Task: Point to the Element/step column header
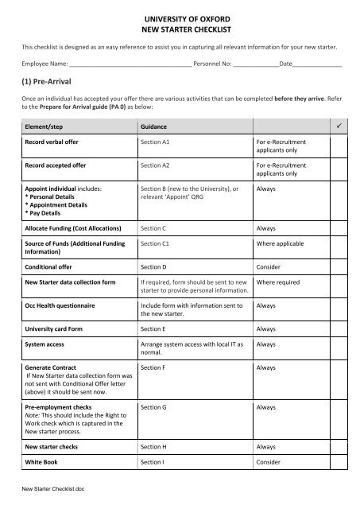pyautogui.click(x=48, y=127)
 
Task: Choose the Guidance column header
pyautogui.click(x=156, y=127)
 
